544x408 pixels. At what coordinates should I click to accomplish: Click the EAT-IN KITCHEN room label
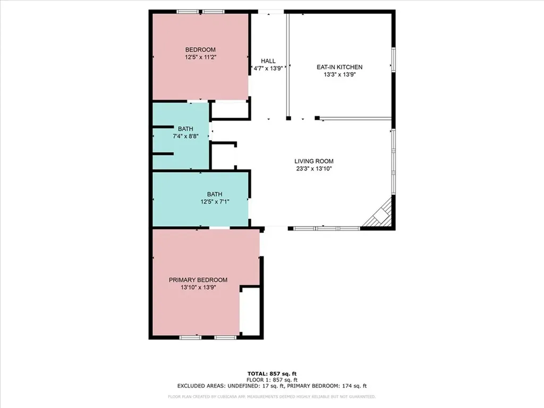(339, 67)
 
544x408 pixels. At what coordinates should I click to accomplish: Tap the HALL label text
(268, 61)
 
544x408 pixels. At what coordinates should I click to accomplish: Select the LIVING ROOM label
(314, 161)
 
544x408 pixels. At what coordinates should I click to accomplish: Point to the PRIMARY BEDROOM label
(198, 280)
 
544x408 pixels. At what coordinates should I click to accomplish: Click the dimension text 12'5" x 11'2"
(200, 56)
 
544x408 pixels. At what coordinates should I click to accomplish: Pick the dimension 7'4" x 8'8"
(185, 136)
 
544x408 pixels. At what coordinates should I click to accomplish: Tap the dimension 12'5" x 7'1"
(215, 201)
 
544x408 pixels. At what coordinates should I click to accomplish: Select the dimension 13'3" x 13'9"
(339, 75)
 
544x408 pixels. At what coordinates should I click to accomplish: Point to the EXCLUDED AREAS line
(271, 386)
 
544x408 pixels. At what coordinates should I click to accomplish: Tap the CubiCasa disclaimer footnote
(271, 396)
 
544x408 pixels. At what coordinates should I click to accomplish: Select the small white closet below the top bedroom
(229, 109)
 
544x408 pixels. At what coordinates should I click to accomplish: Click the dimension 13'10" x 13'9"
(198, 287)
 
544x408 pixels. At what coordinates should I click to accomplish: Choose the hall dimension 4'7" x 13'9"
(268, 69)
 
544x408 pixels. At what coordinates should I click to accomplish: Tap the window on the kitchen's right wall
(393, 58)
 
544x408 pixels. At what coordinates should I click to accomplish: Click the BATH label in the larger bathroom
(215, 194)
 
